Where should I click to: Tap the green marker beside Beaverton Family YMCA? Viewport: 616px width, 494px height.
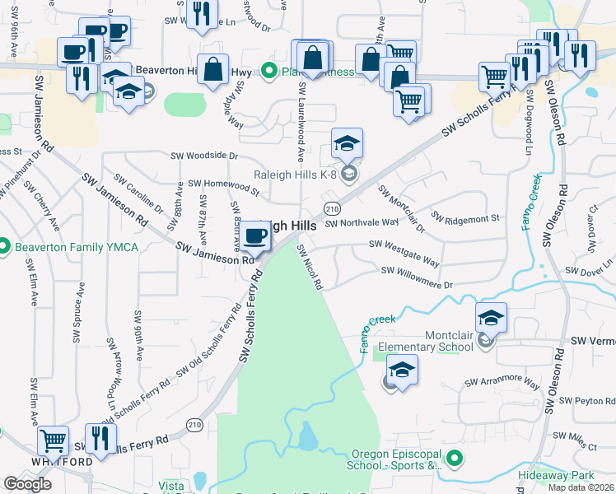(4, 246)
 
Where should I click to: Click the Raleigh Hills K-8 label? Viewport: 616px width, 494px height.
(294, 174)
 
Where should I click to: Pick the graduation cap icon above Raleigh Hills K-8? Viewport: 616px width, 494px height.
(348, 144)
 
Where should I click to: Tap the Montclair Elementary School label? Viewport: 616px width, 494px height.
(426, 341)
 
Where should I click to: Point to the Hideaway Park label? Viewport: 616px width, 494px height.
(557, 476)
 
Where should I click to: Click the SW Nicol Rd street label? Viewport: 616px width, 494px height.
(310, 267)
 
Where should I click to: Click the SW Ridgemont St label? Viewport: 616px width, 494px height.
(465, 219)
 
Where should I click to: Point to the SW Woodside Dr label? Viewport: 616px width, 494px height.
(203, 155)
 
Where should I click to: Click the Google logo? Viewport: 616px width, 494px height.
(28, 484)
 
